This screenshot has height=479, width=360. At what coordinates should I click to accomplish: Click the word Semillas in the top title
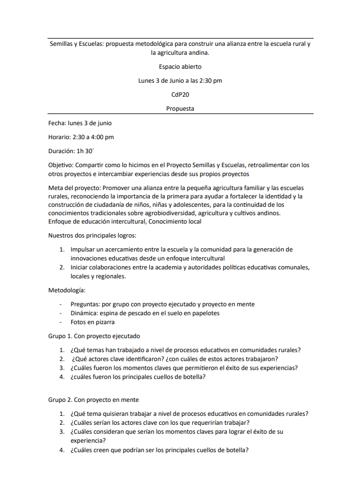click(62, 43)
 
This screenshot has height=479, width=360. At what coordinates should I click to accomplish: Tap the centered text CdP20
click(180, 94)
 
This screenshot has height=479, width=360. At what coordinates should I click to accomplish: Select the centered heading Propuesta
click(180, 108)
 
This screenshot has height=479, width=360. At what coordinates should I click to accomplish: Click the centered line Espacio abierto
click(180, 67)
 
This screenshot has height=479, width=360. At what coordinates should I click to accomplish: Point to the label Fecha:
click(57, 123)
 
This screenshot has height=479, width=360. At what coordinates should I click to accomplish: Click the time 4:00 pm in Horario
click(102, 137)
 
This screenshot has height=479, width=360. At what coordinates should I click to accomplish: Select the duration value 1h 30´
click(87, 151)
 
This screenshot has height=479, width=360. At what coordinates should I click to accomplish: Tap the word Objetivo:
click(61, 165)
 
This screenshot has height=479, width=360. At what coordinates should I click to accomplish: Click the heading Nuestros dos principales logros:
click(92, 235)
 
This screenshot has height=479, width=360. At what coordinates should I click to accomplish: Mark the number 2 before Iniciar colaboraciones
click(62, 267)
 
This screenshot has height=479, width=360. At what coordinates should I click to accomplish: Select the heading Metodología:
click(67, 290)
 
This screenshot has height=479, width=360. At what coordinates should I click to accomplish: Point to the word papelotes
click(204, 313)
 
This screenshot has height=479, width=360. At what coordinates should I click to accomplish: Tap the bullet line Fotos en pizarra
click(92, 322)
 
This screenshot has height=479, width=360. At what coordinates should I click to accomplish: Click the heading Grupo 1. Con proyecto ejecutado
click(93, 336)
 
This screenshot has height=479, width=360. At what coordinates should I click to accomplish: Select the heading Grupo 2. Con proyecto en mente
click(93, 400)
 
